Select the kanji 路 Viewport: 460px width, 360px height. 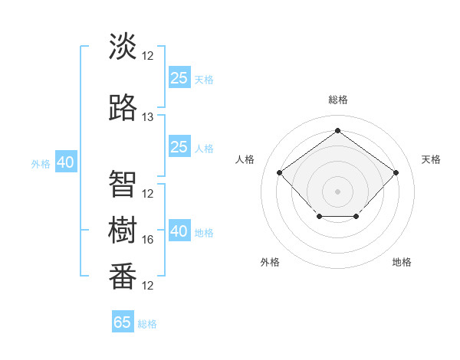123,108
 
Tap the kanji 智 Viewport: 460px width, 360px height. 123,184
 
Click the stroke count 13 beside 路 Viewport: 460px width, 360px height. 148,117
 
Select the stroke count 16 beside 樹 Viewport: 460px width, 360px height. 148,240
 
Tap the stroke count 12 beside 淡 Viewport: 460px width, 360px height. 148,56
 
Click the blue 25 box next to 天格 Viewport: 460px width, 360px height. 179,77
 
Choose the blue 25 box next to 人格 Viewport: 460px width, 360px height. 179,147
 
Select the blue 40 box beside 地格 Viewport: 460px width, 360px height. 179,231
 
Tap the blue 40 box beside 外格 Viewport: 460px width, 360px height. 65,162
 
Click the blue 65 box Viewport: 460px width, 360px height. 123,322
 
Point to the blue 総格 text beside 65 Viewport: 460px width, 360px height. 148,324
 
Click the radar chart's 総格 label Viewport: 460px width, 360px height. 337,100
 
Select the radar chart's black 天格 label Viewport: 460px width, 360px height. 431,159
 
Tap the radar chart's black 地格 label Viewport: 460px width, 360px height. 402,262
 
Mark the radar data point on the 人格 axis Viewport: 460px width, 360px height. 279,172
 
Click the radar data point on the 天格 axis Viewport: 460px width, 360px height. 396,172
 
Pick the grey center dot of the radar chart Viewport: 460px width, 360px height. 337,191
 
